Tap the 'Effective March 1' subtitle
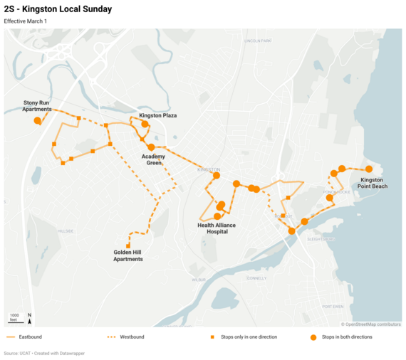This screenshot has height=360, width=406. tap(25, 21)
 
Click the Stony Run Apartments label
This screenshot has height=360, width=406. tap(36, 106)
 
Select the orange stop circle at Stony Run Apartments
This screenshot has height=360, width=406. tap(38, 121)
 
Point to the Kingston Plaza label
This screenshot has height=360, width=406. tap(158, 115)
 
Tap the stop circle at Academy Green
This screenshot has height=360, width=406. tap(151, 147)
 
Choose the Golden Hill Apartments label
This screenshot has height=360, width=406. tap(128, 255)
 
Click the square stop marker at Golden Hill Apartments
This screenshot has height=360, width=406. tap(128, 245)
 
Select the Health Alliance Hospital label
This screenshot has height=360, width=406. tap(217, 228)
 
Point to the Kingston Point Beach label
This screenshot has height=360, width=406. tap(374, 183)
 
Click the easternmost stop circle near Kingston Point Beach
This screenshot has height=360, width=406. tap(369, 169)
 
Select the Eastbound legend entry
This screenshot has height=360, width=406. tap(25, 337)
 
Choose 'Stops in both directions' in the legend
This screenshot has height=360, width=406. tap(345, 337)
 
